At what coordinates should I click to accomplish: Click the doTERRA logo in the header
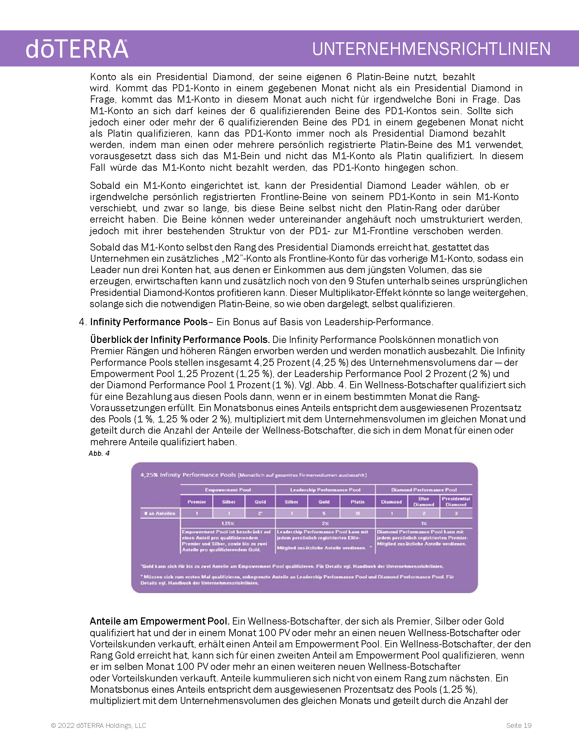pyautogui.click(x=77, y=49)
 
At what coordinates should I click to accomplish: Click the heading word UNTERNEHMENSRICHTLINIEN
pyautogui.click(x=431, y=49)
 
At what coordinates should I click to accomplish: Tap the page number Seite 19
pyautogui.click(x=518, y=725)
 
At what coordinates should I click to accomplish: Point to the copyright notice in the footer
pyautogui.click(x=98, y=725)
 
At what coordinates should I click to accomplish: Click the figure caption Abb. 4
pyautogui.click(x=99, y=453)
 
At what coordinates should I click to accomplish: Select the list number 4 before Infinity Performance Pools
pyautogui.click(x=82, y=322)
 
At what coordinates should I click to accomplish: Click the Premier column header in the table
pyautogui.click(x=197, y=502)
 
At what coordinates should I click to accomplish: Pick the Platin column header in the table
pyautogui.click(x=357, y=502)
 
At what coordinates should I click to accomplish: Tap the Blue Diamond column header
pyautogui.click(x=424, y=501)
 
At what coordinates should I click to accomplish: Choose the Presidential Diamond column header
pyautogui.click(x=456, y=501)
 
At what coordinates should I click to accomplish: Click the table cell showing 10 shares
pyautogui.click(x=357, y=513)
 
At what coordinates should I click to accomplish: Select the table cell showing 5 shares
pyautogui.click(x=324, y=513)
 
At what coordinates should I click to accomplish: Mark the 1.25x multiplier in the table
pyautogui.click(x=228, y=523)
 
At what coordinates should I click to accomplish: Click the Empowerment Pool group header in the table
pyautogui.click(x=228, y=490)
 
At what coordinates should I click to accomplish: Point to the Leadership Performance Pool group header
pyautogui.click(x=325, y=490)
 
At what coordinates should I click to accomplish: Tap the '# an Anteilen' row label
pyautogui.click(x=160, y=513)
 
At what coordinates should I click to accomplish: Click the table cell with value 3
pyautogui.click(x=456, y=513)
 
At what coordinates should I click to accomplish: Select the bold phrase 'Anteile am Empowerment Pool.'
pyautogui.click(x=159, y=621)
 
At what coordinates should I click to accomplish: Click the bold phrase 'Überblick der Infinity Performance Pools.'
pyautogui.click(x=180, y=340)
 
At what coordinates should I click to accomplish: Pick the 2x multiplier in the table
pyautogui.click(x=325, y=523)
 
